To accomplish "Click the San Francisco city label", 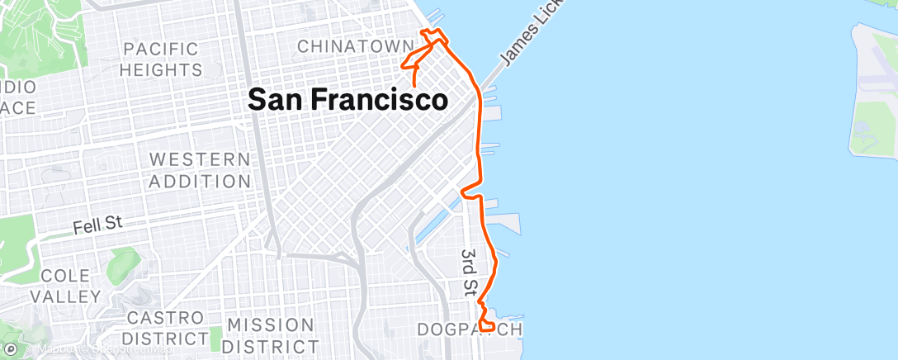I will coord(348,100).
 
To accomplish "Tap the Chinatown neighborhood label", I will coord(355,46).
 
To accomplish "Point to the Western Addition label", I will coord(199,169).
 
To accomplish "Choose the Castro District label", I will coord(163,328).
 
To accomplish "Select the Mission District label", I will coord(270,335).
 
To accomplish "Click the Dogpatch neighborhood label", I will coord(469,330).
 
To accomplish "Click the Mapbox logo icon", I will coord(11,350).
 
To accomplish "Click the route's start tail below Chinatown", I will coord(413,78).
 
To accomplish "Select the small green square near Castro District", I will coord(216,338).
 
